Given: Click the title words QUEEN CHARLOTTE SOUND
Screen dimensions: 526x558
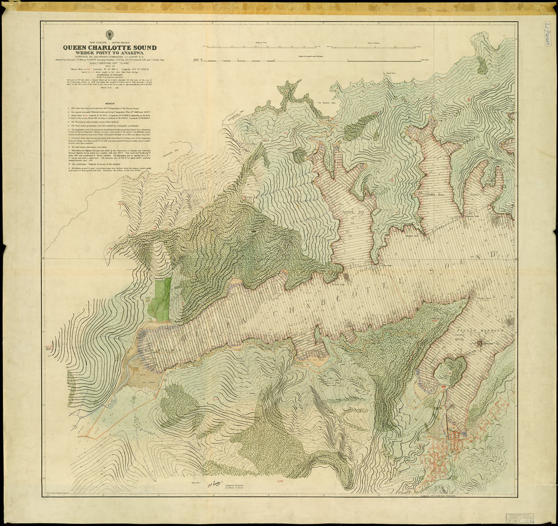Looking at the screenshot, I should point(109,48).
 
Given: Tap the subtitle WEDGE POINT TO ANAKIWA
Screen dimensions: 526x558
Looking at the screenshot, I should point(109,55).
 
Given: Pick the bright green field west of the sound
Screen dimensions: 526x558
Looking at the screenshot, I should point(161,299).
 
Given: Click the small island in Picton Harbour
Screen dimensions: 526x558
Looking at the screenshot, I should point(450,370).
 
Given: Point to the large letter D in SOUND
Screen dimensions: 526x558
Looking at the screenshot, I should point(495,254).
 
